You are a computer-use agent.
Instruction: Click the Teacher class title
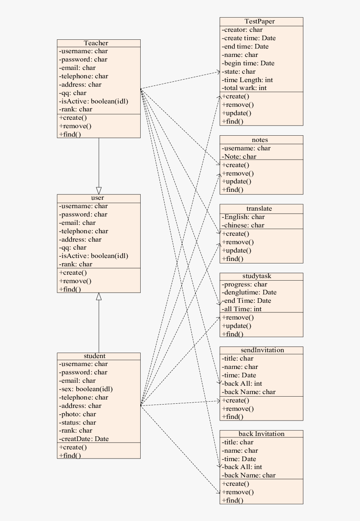click(x=96, y=43)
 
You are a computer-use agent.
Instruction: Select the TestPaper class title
click(x=260, y=21)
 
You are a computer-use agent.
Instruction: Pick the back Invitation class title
click(x=261, y=434)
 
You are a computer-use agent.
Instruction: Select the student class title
click(x=95, y=356)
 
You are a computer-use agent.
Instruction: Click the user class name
click(x=98, y=198)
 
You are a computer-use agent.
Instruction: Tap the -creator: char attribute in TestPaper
click(x=242, y=30)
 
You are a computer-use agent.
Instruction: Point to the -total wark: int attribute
click(x=244, y=88)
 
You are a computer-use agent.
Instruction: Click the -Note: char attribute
click(x=239, y=157)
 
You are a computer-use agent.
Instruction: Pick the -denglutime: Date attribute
click(x=249, y=292)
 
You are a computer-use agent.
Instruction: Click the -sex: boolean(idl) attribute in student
click(x=86, y=389)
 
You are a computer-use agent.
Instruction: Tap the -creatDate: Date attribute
click(x=84, y=439)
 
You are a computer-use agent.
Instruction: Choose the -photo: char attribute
click(x=77, y=414)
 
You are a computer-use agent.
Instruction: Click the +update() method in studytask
click(x=237, y=326)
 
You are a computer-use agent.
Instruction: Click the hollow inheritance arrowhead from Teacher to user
click(x=99, y=190)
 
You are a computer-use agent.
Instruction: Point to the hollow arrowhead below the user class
click(x=99, y=297)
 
